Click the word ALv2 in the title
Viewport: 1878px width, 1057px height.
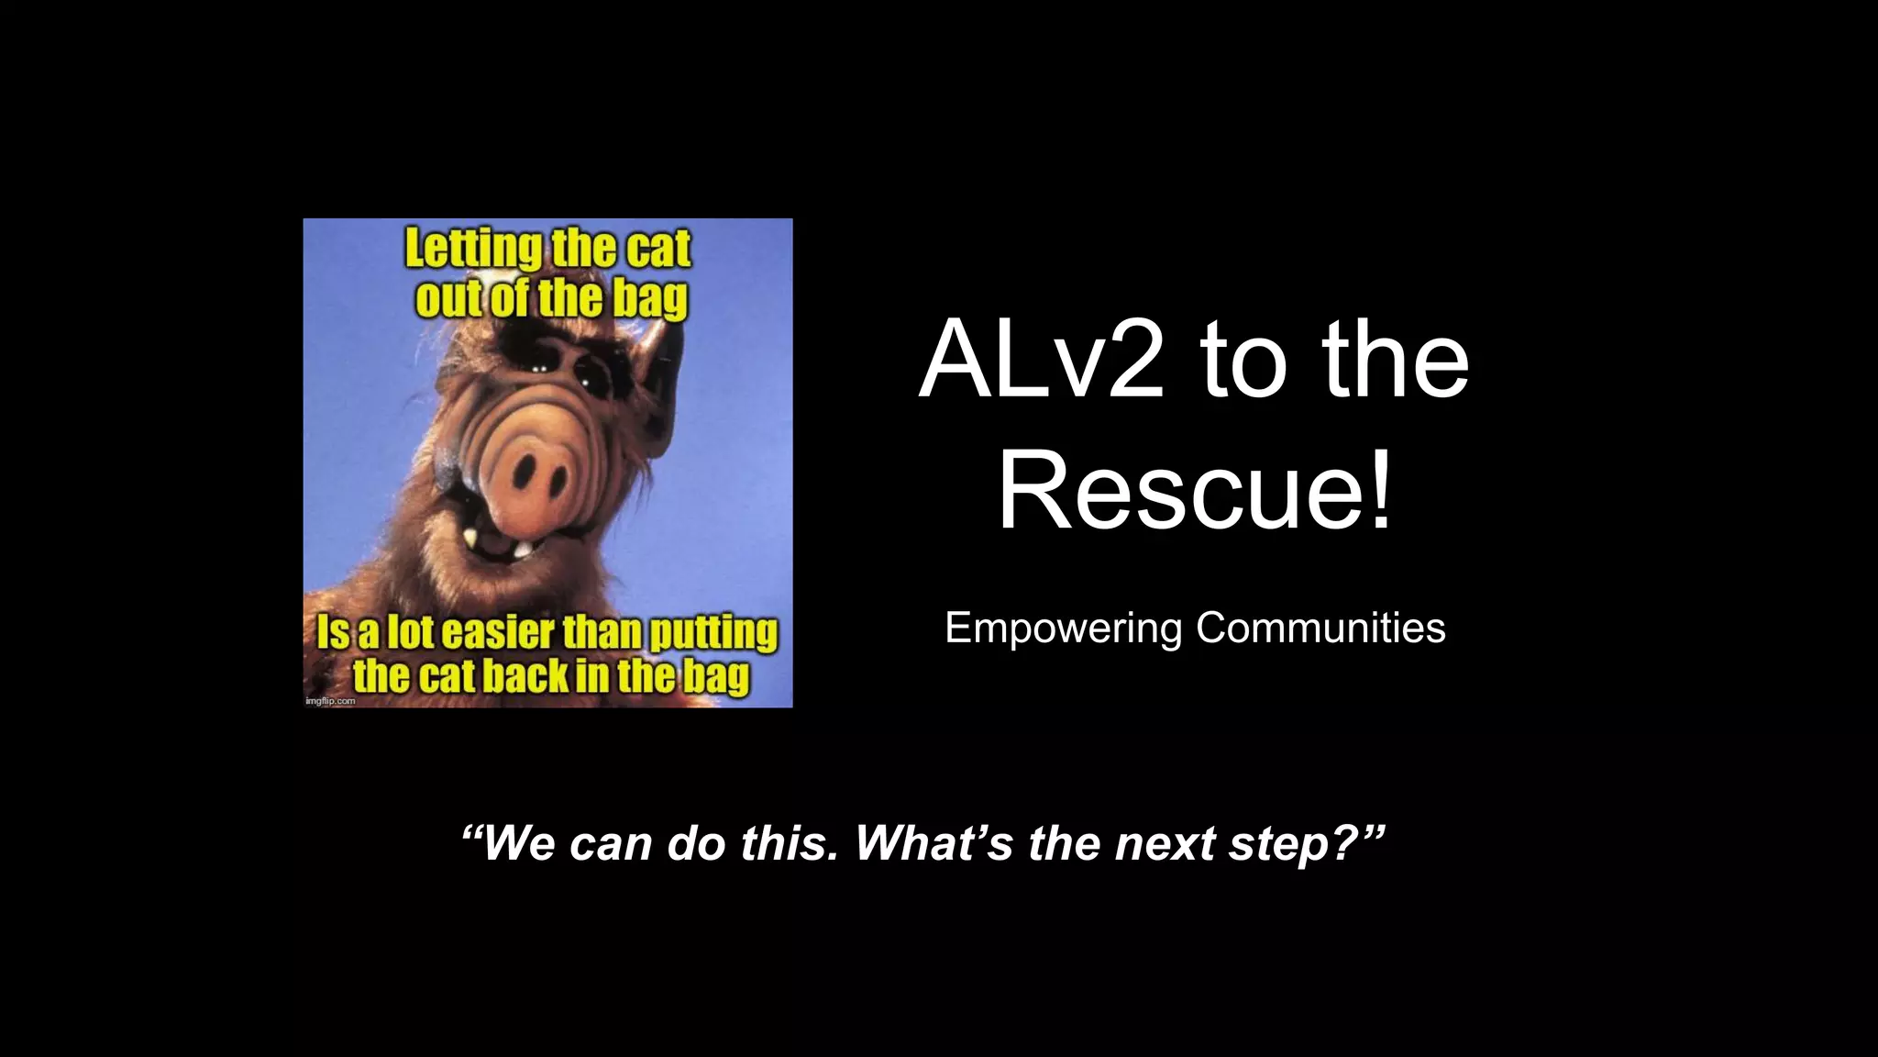[x=1042, y=360]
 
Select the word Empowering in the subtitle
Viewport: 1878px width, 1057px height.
[x=1064, y=629]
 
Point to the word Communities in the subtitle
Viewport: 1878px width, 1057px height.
[x=1320, y=629]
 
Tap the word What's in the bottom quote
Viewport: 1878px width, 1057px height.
[x=934, y=842]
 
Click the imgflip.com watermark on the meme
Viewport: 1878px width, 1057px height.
[x=328, y=701]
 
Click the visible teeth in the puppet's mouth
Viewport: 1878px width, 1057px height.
[x=495, y=545]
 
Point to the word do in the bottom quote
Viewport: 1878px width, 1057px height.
[x=696, y=842]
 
